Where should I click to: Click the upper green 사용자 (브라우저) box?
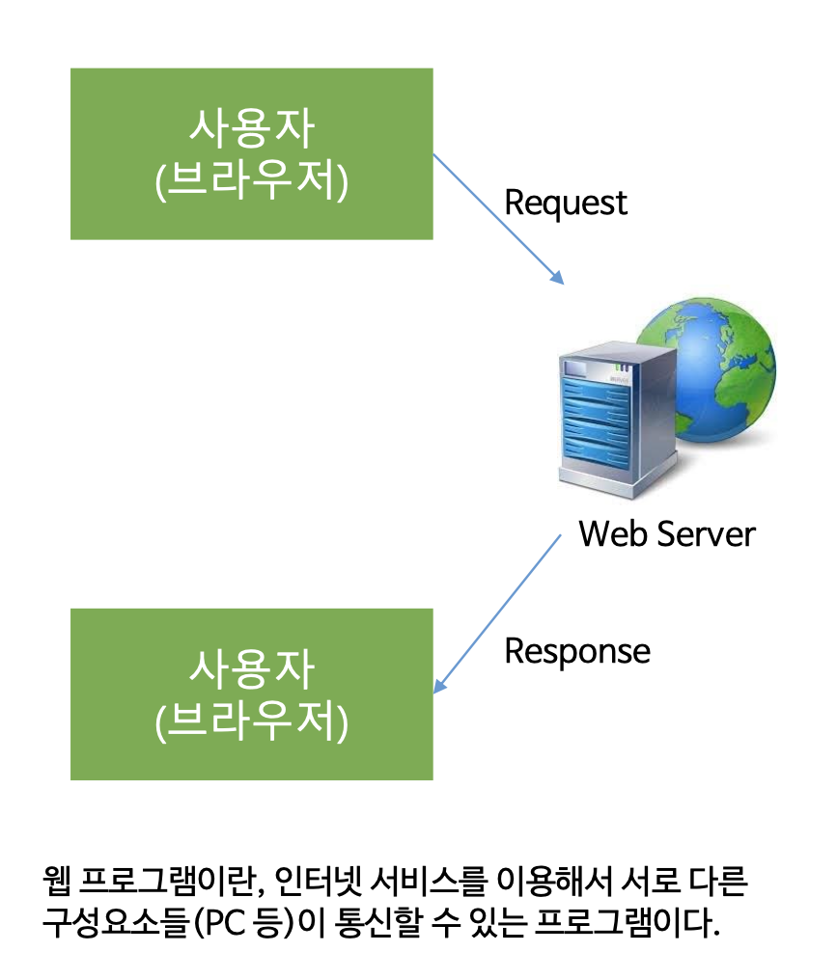tap(251, 153)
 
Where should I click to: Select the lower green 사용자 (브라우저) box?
tap(251, 693)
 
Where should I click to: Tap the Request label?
tap(566, 204)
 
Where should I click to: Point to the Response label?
tap(577, 651)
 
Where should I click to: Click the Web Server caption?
tap(666, 533)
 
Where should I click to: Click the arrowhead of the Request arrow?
tap(558, 278)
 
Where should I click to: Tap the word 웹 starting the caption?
tap(56, 881)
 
